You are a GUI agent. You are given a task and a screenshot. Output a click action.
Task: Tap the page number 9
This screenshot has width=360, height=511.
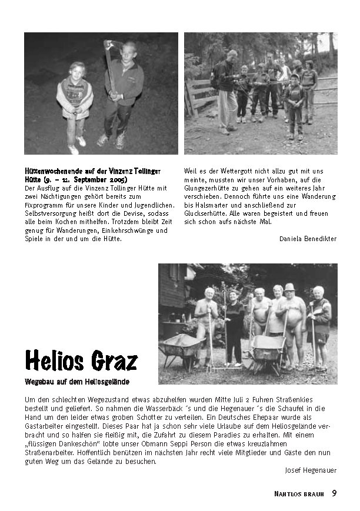pos(334,493)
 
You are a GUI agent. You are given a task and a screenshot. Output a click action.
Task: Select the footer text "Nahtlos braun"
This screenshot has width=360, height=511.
pos(299,493)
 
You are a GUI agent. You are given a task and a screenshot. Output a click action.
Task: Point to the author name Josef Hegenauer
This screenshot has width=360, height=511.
pos(311,470)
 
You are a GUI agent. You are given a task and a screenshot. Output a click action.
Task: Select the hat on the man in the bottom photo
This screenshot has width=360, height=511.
pos(289,287)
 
